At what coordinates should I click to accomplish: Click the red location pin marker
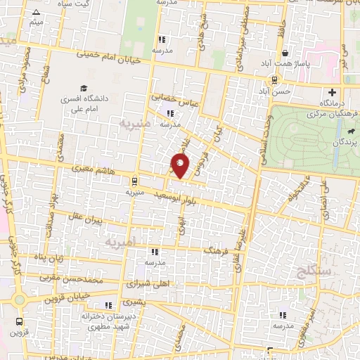(181, 166)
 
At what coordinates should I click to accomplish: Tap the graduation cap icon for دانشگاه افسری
(84, 89)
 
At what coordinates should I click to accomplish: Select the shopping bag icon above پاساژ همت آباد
(284, 53)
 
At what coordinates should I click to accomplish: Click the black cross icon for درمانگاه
(332, 91)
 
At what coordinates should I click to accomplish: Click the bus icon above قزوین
(19, 321)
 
